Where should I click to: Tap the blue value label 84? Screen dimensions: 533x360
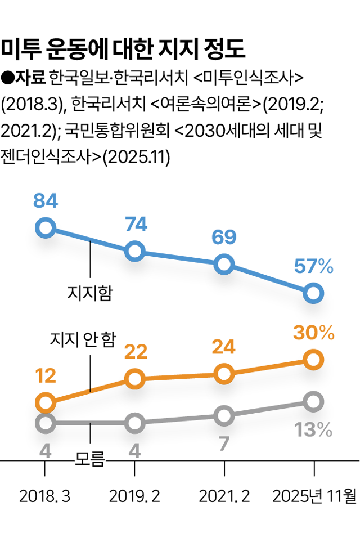[46, 201]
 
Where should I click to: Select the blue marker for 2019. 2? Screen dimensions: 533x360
[134, 251]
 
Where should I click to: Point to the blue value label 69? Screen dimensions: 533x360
[224, 237]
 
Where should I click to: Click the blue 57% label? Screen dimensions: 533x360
[314, 266]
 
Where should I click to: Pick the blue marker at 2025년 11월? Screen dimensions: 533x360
[313, 293]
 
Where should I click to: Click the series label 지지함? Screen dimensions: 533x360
[89, 293]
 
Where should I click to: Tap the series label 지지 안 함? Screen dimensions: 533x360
[83, 339]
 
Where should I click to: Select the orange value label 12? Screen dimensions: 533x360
[46, 376]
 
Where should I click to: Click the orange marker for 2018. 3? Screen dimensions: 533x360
[45, 402]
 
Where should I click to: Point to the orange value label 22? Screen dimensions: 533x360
[135, 352]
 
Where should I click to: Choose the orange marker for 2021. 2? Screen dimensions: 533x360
[224, 373]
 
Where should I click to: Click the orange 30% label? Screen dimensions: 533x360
[314, 333]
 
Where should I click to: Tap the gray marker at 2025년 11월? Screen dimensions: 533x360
[313, 402]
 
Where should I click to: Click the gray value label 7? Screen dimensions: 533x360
[224, 444]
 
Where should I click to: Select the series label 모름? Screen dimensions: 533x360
[90, 460]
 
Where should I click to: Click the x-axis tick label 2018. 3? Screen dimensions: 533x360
[45, 496]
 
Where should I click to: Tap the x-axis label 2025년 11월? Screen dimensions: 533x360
[314, 496]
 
